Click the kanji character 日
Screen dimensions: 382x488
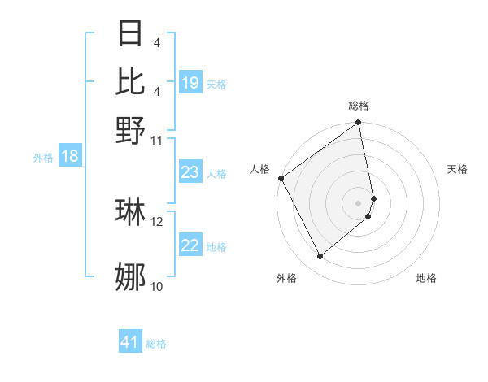[x=131, y=33]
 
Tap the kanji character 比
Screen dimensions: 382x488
[x=131, y=80]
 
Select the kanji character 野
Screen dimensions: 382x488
[x=131, y=130]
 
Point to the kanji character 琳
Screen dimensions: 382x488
[x=131, y=211]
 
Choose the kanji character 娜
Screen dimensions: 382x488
[x=131, y=276]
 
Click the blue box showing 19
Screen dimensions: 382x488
[x=190, y=83]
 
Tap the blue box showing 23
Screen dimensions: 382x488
[x=190, y=172]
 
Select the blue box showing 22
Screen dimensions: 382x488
[x=190, y=245]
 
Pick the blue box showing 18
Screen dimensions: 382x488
[x=70, y=156]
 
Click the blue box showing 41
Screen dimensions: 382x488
[x=131, y=342]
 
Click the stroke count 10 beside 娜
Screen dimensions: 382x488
[x=156, y=286]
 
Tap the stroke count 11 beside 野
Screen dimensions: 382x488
[x=156, y=140]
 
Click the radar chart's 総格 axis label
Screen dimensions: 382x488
[x=359, y=106]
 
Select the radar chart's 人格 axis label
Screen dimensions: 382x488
[x=259, y=169]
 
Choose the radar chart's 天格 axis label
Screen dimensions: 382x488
[x=457, y=169]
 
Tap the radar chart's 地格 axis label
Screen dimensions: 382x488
[x=426, y=278]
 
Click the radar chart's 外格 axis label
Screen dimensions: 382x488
[x=286, y=278]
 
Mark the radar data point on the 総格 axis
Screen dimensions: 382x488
[x=359, y=124]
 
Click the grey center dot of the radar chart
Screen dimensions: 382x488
[x=359, y=202]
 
